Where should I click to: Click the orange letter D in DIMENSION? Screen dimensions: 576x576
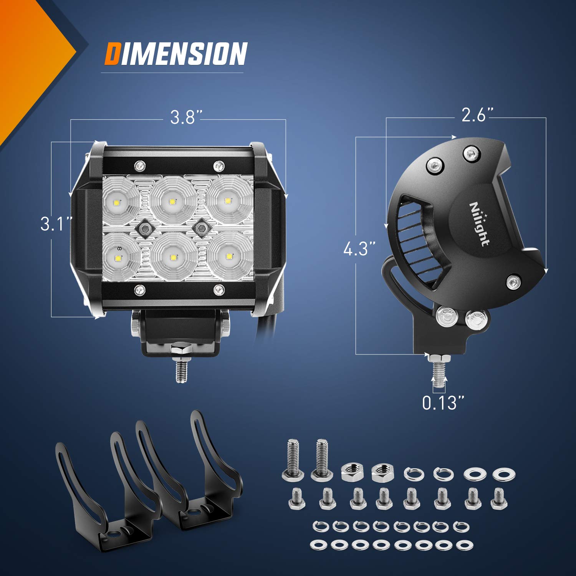pos(112,54)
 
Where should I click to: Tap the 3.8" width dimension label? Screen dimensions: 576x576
pos(185,117)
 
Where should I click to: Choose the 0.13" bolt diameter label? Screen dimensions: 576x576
pos(443,403)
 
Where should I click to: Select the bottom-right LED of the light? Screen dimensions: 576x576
pos(229,256)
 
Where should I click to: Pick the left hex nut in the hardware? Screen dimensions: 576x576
pos(351,472)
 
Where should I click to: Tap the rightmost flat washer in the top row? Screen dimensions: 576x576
pos(504,475)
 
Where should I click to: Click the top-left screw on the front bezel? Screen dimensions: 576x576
pos(140,166)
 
